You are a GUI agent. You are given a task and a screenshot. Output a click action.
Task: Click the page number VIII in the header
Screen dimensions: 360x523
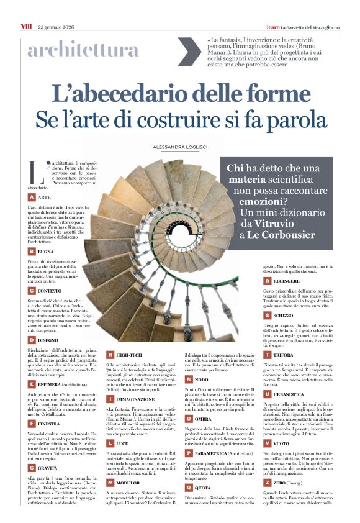click(26, 10)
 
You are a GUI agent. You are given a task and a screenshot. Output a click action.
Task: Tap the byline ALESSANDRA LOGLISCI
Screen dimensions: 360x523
click(180, 147)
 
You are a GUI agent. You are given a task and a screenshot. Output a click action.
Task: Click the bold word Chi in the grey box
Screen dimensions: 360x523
click(235, 168)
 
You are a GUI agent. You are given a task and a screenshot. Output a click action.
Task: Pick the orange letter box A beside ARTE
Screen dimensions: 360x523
click(32, 197)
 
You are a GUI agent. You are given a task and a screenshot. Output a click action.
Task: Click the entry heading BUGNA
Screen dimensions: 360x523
click(48, 252)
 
